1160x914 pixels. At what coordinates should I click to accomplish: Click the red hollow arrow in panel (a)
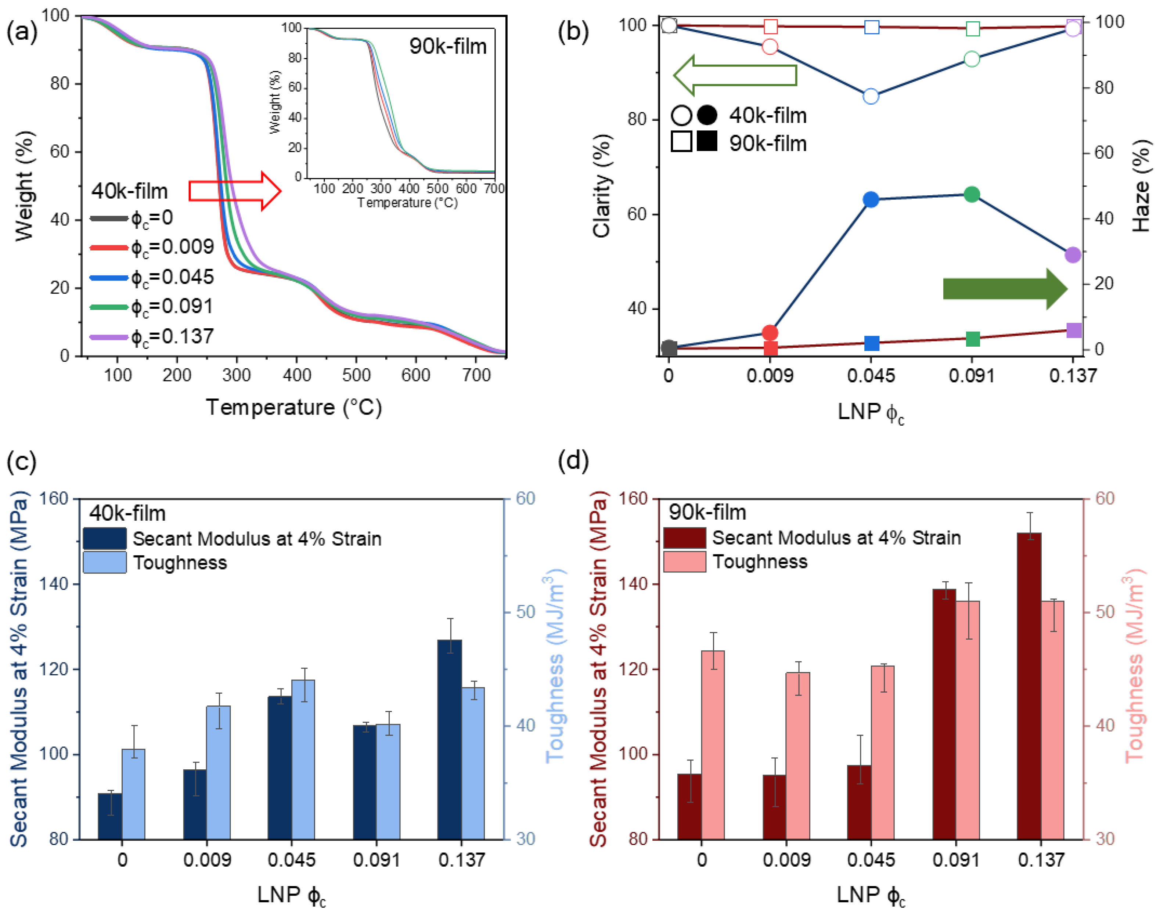tap(234, 191)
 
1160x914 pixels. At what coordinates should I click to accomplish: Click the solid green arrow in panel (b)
tap(1005, 289)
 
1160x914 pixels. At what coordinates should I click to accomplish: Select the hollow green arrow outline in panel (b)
tap(735, 75)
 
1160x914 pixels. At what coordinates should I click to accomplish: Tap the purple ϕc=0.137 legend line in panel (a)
tap(109, 337)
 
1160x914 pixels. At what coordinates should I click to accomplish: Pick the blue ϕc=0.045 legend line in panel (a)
tap(109, 278)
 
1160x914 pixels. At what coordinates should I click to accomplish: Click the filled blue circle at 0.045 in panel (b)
tap(871, 200)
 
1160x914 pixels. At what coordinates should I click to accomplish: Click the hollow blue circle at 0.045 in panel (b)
tap(871, 96)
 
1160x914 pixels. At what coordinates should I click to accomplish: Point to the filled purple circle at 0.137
tap(1073, 255)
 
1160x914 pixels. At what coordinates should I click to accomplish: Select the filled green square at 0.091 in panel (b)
tap(973, 339)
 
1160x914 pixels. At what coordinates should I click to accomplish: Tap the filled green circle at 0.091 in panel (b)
tap(972, 194)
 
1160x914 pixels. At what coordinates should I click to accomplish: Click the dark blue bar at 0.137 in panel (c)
tap(449, 740)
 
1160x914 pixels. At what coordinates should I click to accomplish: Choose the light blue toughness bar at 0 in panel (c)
tap(133, 794)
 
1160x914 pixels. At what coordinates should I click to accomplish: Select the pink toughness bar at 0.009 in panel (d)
tap(797, 756)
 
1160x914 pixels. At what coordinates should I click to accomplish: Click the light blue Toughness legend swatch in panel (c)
tap(105, 563)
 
